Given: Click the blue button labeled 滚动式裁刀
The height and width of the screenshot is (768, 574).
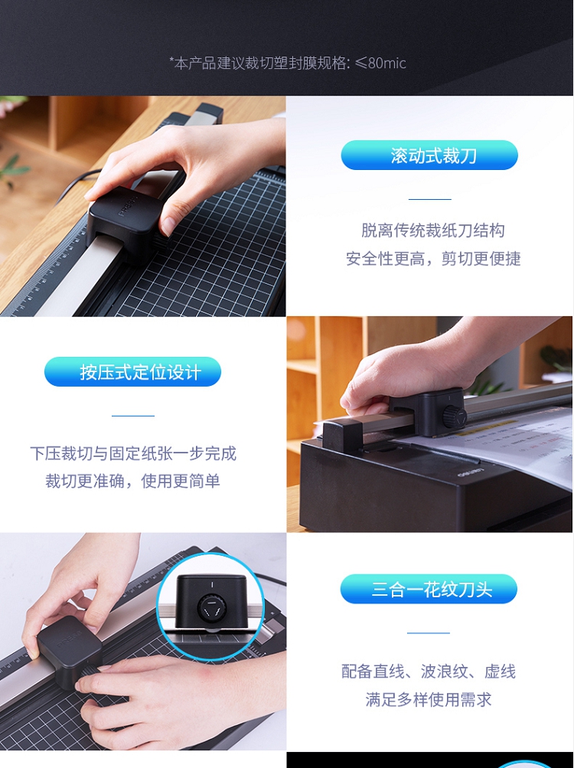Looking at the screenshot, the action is (x=429, y=155).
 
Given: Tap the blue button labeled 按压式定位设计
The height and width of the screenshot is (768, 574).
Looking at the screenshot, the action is (x=132, y=372).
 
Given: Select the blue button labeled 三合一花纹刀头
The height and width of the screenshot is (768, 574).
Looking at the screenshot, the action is (x=429, y=589).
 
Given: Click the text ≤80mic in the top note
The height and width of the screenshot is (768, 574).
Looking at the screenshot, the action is (x=380, y=63).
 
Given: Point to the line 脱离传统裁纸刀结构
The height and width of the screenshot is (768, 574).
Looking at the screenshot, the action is (x=433, y=230).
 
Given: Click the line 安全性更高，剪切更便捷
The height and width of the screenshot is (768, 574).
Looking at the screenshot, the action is (x=433, y=258).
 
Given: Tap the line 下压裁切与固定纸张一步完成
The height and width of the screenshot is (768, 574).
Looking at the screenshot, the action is (x=133, y=453).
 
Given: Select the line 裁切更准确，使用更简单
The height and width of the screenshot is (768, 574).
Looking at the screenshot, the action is (x=132, y=481).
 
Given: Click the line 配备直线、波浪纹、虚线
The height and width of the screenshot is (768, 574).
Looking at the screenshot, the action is (x=429, y=671).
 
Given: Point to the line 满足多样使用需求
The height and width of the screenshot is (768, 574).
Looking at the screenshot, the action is (x=429, y=699).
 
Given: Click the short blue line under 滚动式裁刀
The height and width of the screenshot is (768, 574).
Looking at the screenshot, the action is (x=429, y=199).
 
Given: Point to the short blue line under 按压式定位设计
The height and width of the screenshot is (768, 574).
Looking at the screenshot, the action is (x=133, y=416).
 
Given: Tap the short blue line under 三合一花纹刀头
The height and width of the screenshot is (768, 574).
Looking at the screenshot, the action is (x=429, y=632).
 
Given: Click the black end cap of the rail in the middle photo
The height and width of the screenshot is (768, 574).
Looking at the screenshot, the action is (x=342, y=436).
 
